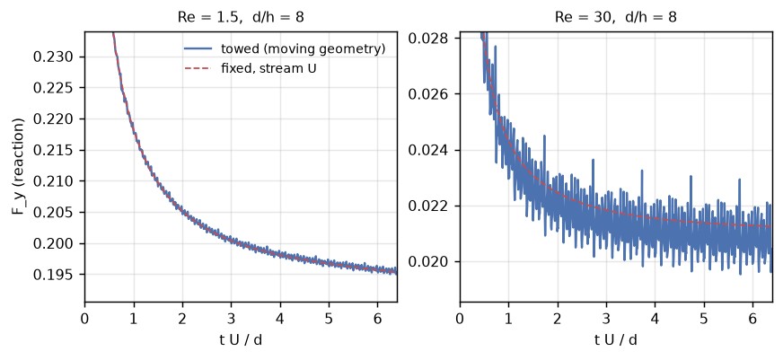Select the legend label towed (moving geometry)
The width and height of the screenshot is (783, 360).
point(304,49)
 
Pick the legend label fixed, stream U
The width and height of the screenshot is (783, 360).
point(268,68)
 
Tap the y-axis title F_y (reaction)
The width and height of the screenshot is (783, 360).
point(19,167)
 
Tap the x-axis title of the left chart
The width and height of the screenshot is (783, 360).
point(241,340)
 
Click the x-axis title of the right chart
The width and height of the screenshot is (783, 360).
point(616,340)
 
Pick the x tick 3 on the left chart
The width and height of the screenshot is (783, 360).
point(231,318)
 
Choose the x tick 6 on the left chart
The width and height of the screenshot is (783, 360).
point(378,318)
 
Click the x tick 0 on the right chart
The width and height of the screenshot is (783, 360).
point(460,318)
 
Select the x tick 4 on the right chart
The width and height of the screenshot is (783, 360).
point(655,318)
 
